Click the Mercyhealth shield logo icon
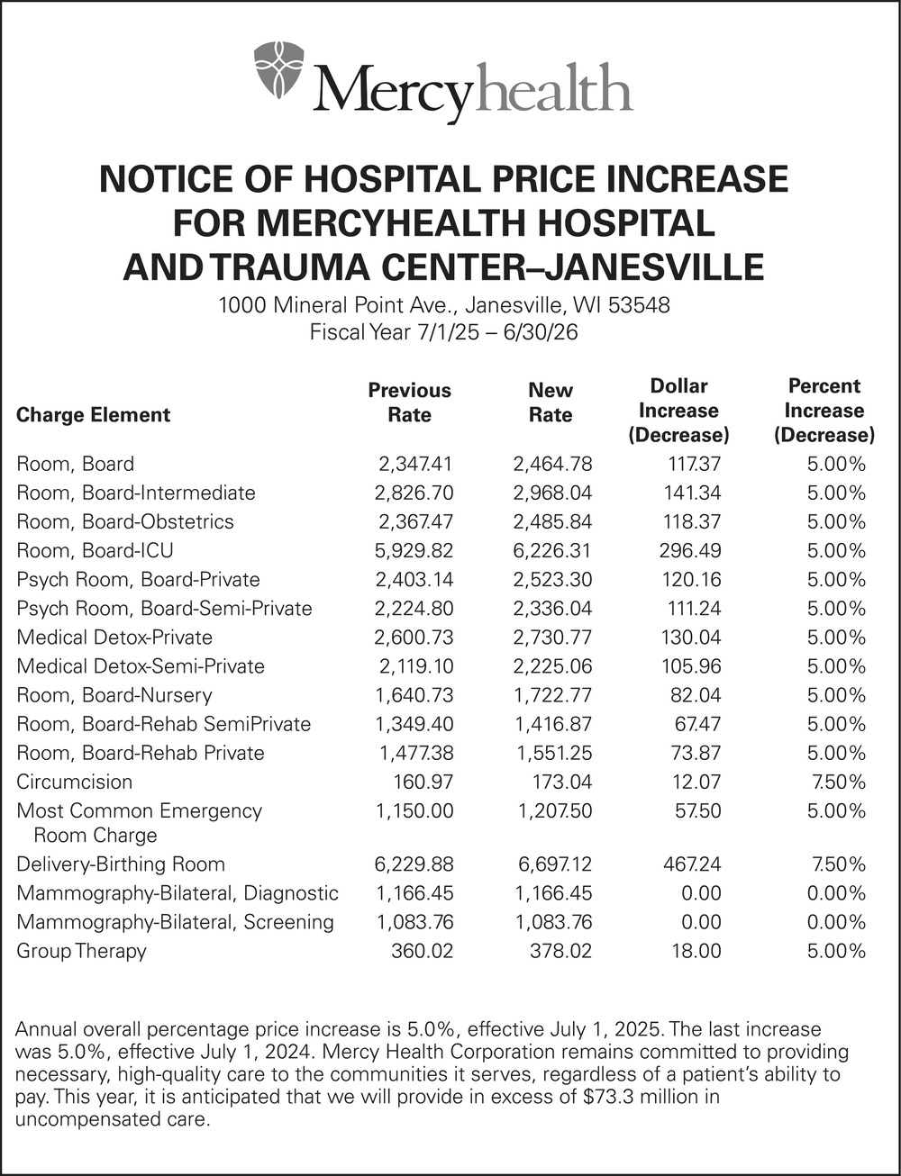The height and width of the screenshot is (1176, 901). point(278,71)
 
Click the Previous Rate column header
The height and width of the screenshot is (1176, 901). point(409,403)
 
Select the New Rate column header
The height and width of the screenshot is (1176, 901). point(550,403)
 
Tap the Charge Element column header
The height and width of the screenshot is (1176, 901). point(93,415)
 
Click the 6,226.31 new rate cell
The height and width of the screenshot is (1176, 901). point(552,551)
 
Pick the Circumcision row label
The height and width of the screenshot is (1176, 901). point(74,782)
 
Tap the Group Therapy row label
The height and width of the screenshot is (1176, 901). point(81,951)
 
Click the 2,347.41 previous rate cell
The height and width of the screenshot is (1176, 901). point(414,465)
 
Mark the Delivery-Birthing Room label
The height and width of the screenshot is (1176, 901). point(121,864)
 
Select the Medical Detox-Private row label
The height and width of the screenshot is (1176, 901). point(114,638)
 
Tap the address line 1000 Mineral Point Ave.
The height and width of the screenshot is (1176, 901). point(444,305)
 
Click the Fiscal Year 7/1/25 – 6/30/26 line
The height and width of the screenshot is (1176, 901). point(443,331)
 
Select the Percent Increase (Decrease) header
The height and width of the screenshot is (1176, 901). point(824,411)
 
